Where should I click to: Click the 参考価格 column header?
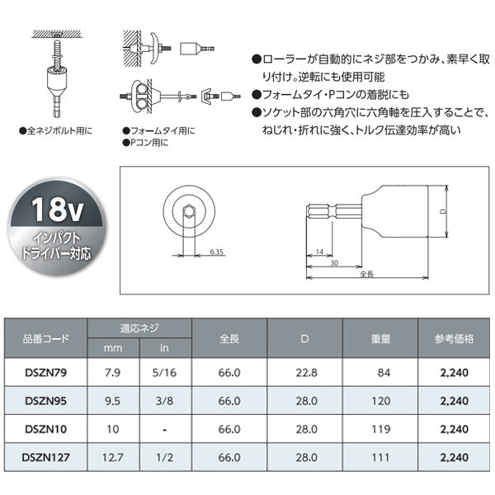tap(452, 339)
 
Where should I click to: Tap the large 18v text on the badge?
tap(56, 211)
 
